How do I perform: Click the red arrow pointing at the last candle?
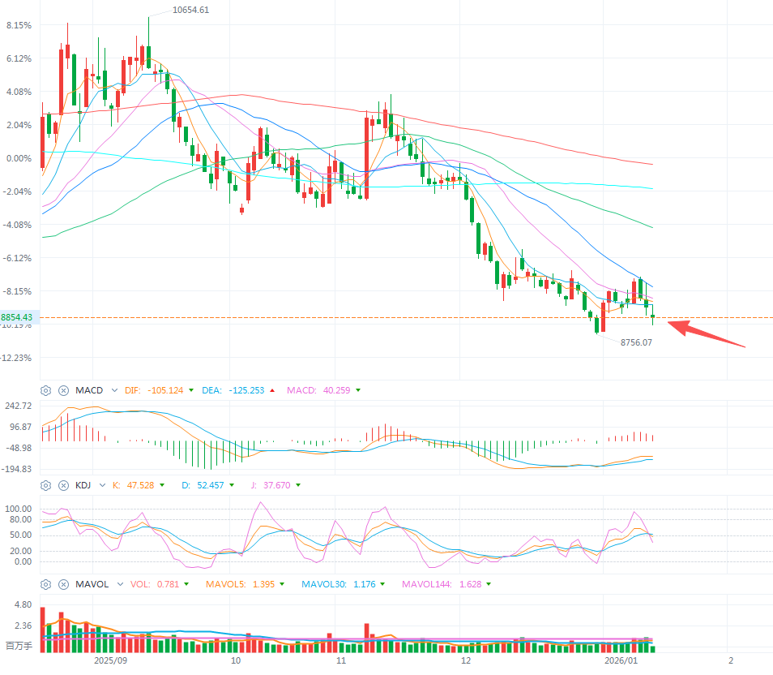705,335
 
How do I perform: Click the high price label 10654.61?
190,10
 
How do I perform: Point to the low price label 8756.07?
636,342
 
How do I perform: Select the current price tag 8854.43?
17,317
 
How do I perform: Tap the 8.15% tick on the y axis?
19,25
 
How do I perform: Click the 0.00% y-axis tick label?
19,158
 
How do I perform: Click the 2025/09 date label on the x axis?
110,660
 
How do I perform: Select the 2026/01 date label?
620,660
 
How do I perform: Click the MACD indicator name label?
89,390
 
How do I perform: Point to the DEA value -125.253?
246,390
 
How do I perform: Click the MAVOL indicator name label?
92,583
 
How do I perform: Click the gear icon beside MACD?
46,390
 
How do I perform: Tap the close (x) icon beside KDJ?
63,485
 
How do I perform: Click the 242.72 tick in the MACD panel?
18,406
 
